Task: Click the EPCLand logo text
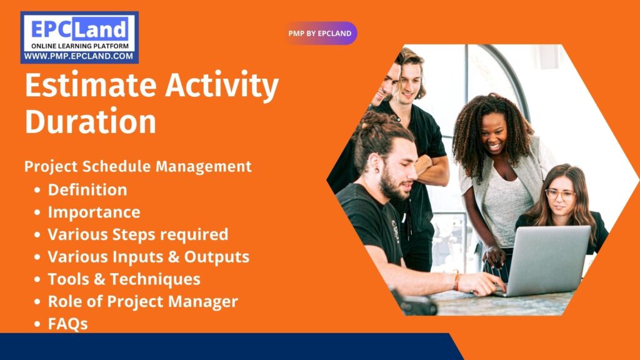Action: point(79,28)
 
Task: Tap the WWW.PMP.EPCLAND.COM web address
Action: point(79,56)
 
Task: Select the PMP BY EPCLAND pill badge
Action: point(320,33)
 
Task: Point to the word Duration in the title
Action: point(90,121)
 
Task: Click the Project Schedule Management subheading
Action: point(138,167)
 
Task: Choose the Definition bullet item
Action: point(87,189)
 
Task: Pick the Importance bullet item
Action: point(94,212)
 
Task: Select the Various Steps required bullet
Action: point(138,235)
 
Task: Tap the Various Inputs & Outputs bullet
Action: point(149,257)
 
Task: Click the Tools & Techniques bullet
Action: point(124,279)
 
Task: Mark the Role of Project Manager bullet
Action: point(143,302)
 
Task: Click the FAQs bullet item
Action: point(68,324)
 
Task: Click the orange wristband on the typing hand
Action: point(457,281)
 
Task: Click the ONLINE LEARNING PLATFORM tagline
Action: point(79,46)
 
